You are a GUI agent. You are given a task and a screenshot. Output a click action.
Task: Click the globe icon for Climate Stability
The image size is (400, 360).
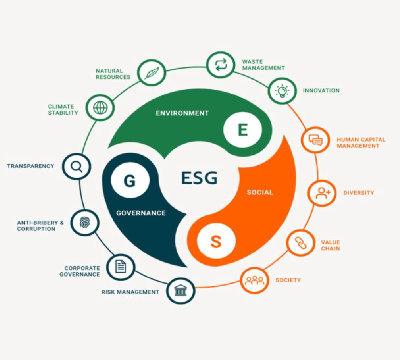pos(100,108)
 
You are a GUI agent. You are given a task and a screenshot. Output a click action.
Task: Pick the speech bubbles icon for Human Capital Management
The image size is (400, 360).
pos(316,140)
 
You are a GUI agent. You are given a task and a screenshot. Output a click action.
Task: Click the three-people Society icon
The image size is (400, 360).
pos(255,280)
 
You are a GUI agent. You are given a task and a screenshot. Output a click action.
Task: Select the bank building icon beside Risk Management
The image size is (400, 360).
pos(181,291)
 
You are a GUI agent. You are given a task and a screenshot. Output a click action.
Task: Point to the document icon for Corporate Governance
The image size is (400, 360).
pos(121,266)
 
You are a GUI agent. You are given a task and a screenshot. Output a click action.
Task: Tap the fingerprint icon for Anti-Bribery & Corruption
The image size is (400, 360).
pos(85,223)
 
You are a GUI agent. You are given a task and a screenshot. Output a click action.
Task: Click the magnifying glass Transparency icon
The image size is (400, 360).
pos(76,166)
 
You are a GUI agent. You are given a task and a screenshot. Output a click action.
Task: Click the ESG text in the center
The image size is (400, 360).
pos(199,178)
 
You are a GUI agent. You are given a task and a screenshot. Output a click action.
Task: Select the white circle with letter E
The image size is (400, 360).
pos(243,130)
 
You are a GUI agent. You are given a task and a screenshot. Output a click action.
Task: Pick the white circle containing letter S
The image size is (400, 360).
pos(216,241)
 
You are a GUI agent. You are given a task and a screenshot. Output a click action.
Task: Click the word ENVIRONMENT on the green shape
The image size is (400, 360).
pos(182,113)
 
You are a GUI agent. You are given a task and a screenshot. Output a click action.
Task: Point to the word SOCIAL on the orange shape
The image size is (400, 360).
pos(260,192)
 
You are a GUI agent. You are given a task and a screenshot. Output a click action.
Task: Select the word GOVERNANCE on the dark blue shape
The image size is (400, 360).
pos(141,213)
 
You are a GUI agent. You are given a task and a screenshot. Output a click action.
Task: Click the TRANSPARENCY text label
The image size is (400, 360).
pos(30,166)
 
